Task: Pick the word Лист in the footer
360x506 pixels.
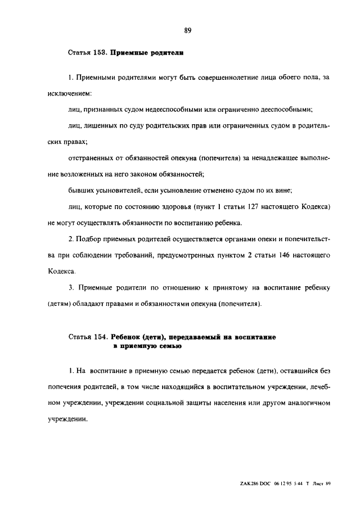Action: (x=319, y=484)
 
